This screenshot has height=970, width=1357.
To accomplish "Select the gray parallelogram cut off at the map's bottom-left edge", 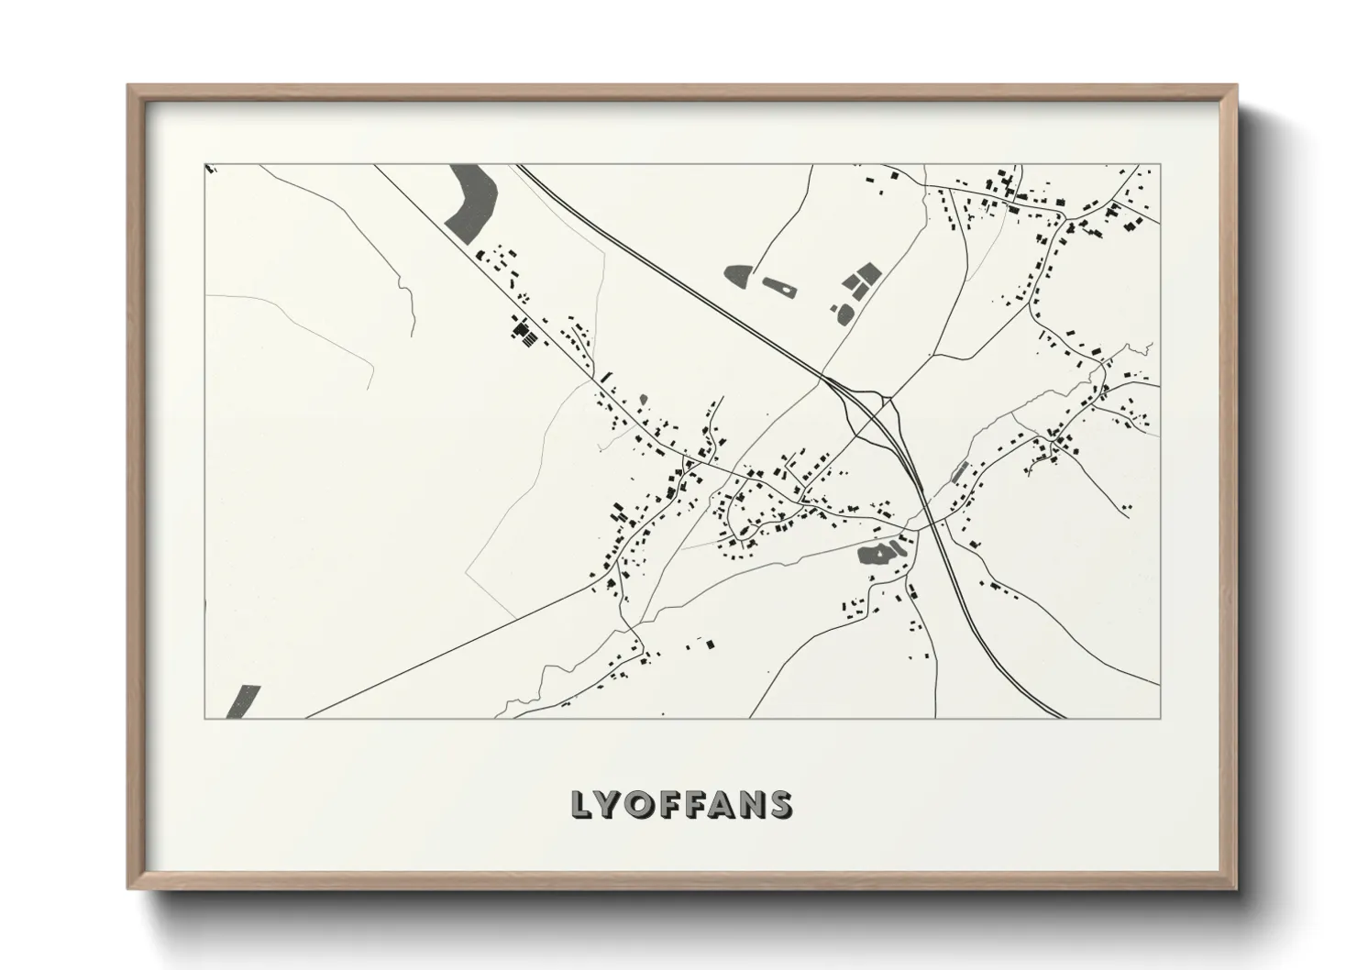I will pos(243,702).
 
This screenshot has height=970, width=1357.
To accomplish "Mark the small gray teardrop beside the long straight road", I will pos(643,400).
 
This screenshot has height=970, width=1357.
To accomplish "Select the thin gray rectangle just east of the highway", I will pos(959,472).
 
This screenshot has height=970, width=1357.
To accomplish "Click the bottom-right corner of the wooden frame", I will pos(1237,887).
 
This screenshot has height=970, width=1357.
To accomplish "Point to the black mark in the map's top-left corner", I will pos(210,169).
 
